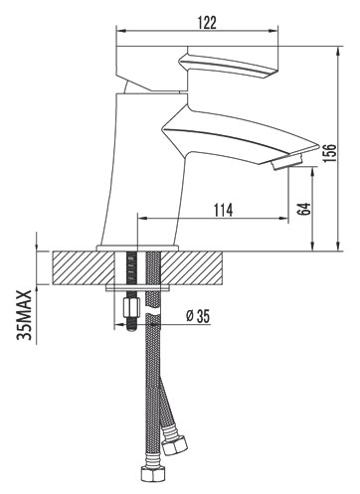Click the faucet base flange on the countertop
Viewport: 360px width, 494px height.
click(x=138, y=246)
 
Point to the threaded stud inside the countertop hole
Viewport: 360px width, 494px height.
click(x=129, y=268)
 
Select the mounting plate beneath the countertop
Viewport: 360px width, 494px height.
click(x=139, y=290)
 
